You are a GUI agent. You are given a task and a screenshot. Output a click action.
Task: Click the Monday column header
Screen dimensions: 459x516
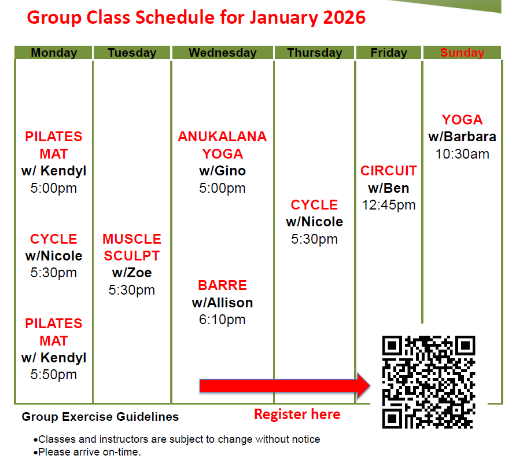54,53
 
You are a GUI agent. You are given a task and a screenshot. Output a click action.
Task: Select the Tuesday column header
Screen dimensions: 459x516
132,53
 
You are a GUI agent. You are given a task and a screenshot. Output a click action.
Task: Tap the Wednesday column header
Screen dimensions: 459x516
223,53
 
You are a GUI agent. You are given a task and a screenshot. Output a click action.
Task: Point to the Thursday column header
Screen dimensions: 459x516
315,53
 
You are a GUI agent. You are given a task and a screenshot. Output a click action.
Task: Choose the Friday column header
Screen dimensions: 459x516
389,53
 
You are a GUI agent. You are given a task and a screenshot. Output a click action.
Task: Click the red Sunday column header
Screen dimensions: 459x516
462,53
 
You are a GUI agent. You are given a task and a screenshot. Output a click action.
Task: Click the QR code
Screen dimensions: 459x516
429,381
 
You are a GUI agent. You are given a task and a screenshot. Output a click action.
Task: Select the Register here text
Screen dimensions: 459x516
297,414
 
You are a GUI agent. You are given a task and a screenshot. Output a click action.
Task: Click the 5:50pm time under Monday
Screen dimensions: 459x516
54,375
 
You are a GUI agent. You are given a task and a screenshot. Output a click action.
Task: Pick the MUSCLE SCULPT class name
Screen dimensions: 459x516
132,247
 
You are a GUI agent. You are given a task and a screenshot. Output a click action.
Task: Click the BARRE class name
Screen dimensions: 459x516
223,285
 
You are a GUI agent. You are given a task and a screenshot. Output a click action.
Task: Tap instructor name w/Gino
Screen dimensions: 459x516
223,171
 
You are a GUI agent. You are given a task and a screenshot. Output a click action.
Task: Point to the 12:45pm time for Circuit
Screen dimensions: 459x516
389,205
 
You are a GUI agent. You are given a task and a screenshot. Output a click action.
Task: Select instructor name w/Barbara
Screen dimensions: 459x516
462,137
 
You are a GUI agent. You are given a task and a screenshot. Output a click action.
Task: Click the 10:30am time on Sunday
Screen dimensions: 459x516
462,154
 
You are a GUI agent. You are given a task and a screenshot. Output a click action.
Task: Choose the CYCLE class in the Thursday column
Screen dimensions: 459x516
315,205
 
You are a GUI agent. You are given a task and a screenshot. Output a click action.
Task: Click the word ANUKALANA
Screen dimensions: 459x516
223,137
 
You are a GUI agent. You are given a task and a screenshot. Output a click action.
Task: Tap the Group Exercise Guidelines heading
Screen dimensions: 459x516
100,417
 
